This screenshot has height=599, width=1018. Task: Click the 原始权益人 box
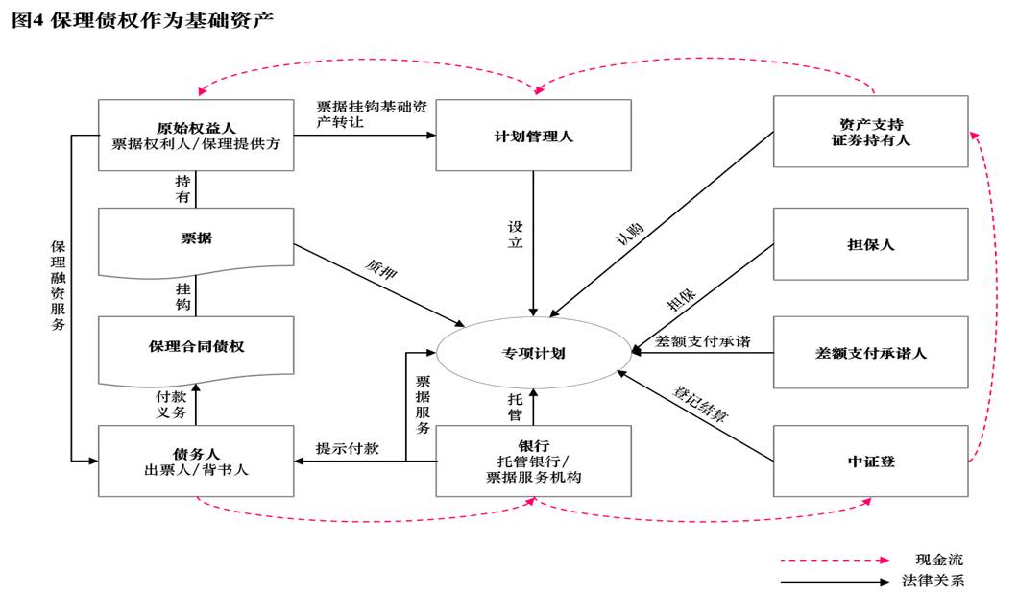pos(196,135)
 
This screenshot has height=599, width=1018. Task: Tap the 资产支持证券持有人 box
pos(870,133)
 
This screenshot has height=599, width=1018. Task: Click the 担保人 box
pos(870,244)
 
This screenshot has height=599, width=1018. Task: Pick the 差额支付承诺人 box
pos(870,353)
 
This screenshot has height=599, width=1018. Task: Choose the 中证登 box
pos(870,462)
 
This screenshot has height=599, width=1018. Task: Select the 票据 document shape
pos(196,238)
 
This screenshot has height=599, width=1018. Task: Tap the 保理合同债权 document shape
pos(196,347)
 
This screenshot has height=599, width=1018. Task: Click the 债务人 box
pos(196,462)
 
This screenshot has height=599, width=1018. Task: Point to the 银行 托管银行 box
pos(533,462)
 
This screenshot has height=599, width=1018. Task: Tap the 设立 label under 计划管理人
pos(516,235)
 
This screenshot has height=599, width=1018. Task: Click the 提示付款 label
pos(347,448)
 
